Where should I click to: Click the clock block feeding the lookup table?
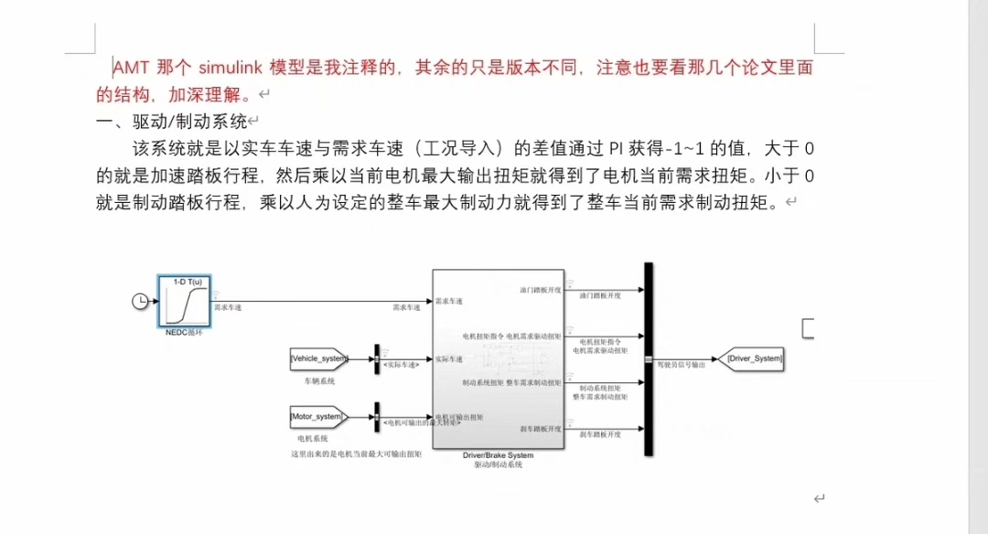tap(140, 301)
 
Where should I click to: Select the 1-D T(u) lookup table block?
tap(185, 301)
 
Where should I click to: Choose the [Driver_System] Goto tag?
tap(754, 358)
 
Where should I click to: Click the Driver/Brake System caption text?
tap(498, 454)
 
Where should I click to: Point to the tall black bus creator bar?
tap(649, 358)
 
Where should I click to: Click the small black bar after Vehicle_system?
tap(376, 358)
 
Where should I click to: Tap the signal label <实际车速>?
tap(402, 365)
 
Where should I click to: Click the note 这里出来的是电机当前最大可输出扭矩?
tap(355, 454)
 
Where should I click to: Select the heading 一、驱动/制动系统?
tap(171, 121)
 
